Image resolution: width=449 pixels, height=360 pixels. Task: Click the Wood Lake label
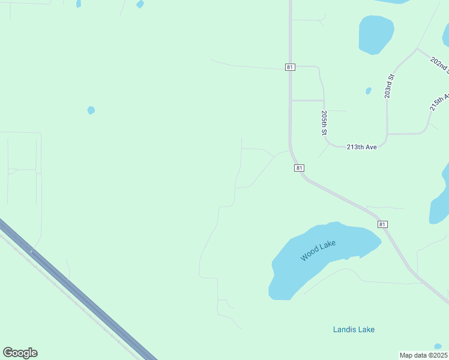318,250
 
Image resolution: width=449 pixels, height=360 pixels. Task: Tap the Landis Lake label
354,329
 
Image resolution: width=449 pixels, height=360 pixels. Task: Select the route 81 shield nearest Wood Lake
382,224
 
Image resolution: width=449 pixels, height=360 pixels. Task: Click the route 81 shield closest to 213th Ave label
299,168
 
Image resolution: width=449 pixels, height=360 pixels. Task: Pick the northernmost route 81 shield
290,67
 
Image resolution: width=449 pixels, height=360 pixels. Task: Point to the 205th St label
324,122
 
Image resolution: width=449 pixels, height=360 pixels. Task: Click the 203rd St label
389,86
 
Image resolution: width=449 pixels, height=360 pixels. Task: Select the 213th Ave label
361,147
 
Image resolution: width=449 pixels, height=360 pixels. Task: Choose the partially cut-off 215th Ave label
439,101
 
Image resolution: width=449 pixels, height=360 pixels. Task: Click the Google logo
20,353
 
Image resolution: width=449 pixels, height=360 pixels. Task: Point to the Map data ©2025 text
423,355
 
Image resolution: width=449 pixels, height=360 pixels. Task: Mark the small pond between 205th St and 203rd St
369,91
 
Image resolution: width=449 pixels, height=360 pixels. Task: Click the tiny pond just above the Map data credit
438,346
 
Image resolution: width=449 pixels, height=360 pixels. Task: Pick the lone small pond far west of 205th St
91,110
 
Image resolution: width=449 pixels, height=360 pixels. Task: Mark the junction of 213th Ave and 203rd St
387,134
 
